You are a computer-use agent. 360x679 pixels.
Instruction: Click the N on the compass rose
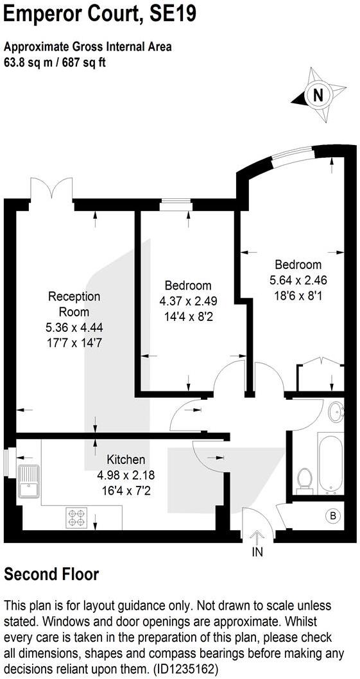click(316, 96)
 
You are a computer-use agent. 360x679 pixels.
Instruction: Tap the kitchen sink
click(28, 480)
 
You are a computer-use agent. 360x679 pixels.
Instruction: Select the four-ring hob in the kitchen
click(77, 517)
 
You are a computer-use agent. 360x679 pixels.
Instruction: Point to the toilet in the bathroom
click(304, 479)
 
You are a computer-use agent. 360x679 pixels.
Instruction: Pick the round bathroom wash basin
click(335, 413)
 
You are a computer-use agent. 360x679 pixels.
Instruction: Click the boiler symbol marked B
click(332, 515)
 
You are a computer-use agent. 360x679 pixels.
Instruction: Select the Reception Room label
click(74, 304)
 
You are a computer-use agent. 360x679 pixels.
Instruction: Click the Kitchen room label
click(126, 460)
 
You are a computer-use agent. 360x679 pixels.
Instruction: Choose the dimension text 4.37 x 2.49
click(187, 300)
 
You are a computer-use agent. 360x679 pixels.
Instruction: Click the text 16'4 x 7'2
click(126, 490)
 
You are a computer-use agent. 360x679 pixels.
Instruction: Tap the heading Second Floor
click(52, 574)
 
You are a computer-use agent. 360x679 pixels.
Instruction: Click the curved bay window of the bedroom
click(291, 153)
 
